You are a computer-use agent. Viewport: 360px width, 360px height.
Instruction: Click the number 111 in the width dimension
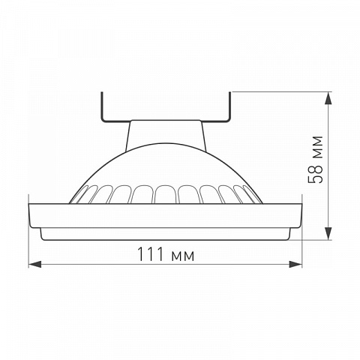pos(151,253)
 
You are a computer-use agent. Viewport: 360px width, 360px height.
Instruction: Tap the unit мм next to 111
pos(182,256)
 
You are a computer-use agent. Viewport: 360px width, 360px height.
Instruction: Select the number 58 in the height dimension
pos(315,174)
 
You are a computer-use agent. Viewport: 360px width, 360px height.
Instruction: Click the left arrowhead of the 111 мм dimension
pos(35,264)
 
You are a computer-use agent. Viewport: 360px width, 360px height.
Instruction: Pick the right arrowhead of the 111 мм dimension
pos(295,264)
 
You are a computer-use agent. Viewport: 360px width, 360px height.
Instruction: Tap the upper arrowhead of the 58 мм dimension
pos(328,98)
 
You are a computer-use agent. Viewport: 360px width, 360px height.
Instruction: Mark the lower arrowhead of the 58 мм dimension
pos(328,233)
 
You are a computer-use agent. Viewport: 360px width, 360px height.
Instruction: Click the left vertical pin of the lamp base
pos(102,106)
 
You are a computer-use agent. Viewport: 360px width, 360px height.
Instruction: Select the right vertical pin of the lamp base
pos(229,106)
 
